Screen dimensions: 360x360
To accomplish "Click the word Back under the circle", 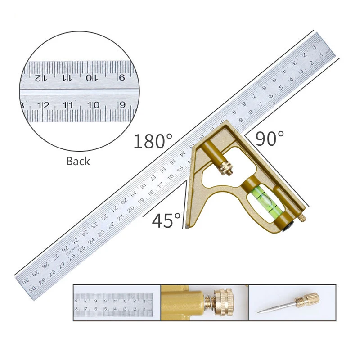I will [78, 161].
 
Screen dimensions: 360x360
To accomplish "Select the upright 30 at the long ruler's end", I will [32, 291].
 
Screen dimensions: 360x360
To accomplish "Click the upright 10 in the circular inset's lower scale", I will [93, 105].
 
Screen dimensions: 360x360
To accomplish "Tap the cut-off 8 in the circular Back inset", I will [22, 105].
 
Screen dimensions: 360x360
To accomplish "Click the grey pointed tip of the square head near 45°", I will [186, 228].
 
